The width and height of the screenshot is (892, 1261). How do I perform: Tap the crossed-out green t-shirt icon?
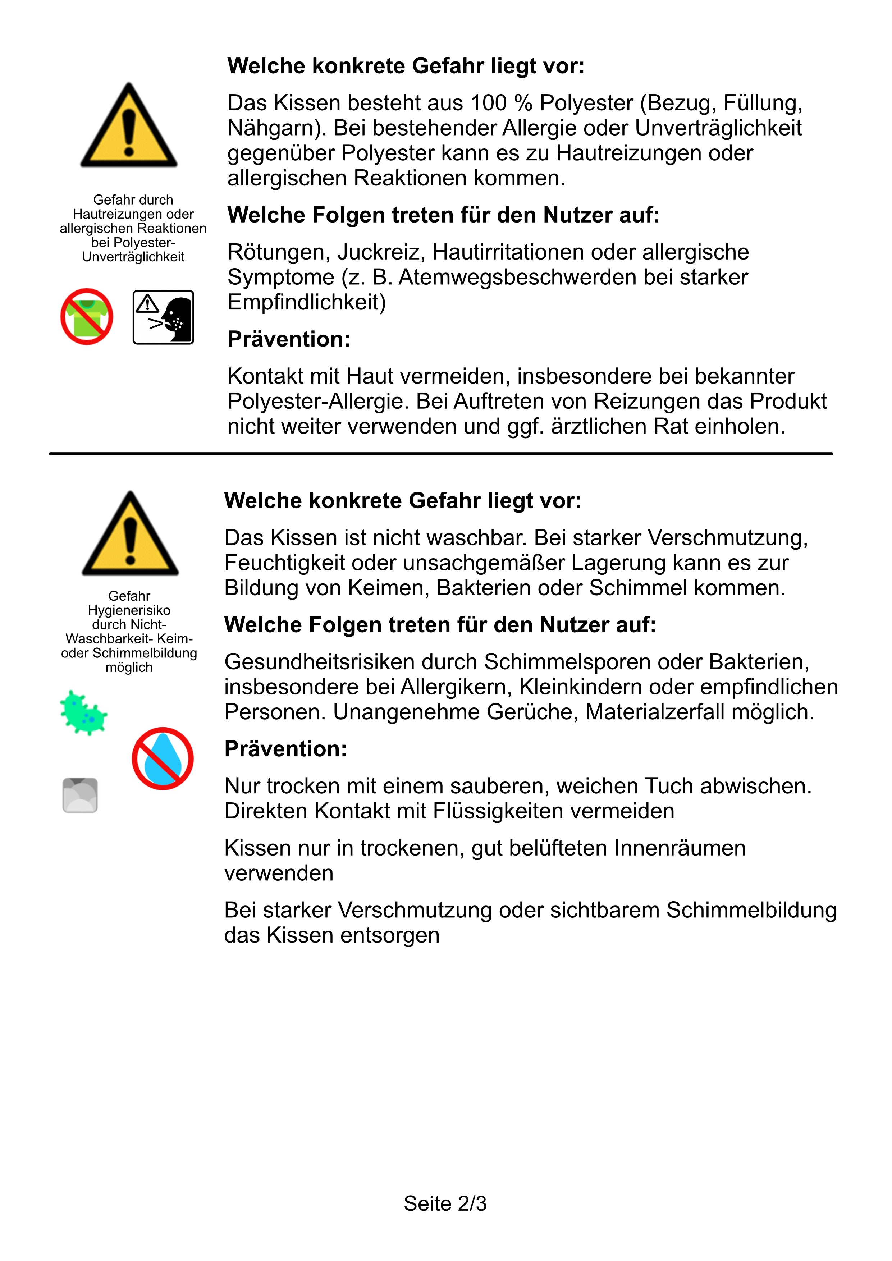tap(87, 317)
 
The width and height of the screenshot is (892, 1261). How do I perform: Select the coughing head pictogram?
tap(163, 317)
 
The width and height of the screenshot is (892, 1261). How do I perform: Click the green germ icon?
tap(83, 712)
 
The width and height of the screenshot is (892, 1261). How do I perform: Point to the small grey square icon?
tap(80, 795)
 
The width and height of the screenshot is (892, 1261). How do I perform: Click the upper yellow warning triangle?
tap(129, 127)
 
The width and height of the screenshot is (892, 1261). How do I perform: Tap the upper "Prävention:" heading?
tap(289, 339)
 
